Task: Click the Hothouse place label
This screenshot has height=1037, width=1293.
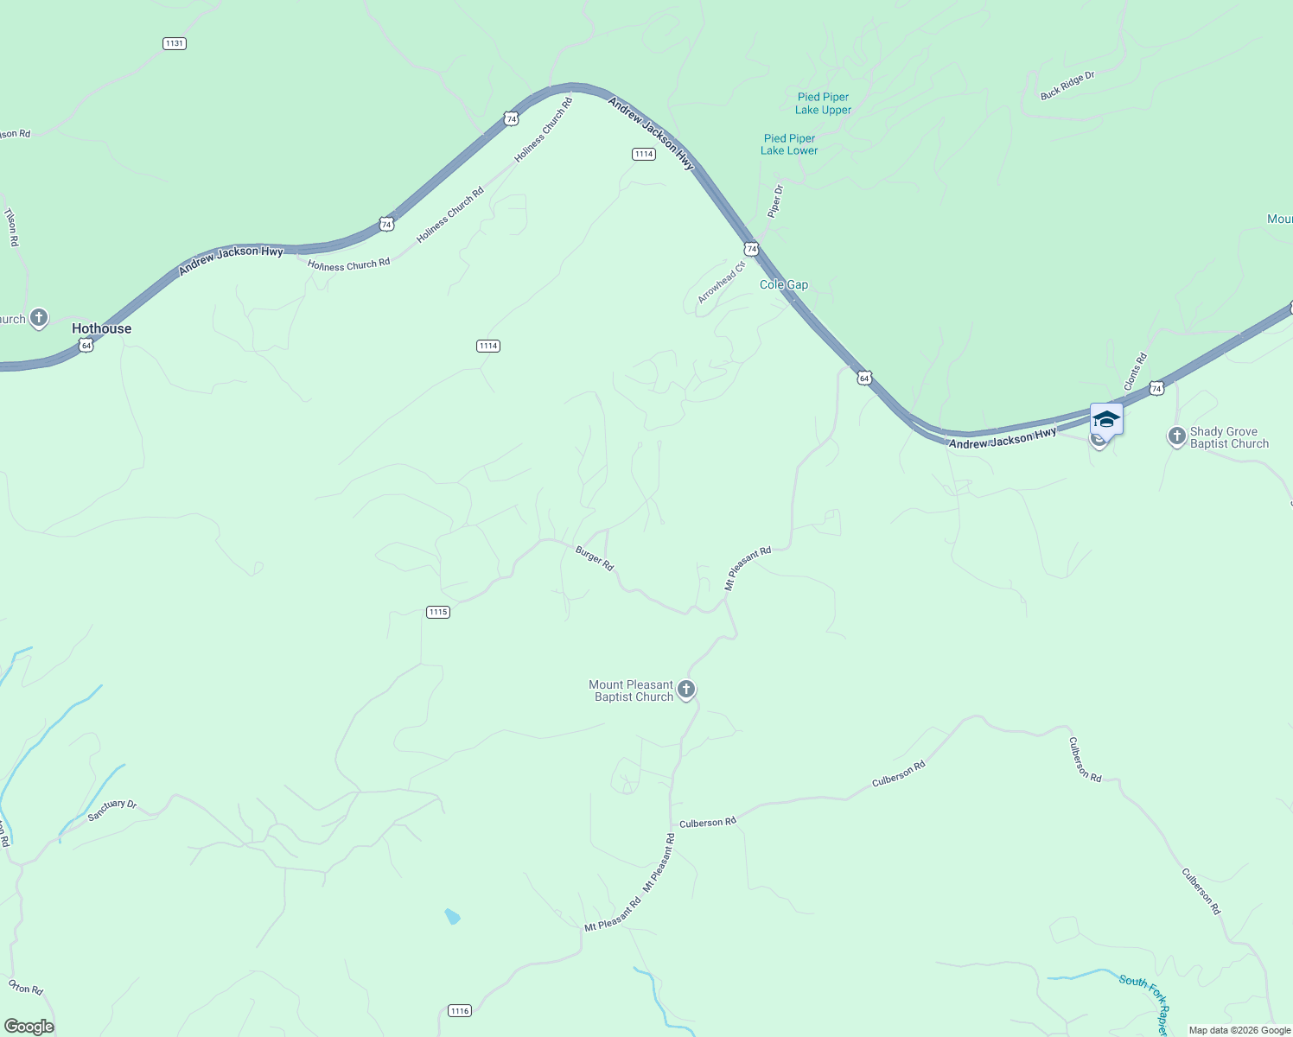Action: click(101, 328)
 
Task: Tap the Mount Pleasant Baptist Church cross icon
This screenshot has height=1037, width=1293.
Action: click(686, 690)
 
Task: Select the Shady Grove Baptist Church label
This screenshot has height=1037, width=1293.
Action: click(1229, 437)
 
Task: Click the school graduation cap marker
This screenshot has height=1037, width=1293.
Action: click(1106, 420)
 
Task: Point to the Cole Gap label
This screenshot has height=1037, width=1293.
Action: click(784, 284)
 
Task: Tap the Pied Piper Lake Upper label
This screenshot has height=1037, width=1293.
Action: click(823, 104)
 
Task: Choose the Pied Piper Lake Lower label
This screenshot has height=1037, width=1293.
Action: click(789, 144)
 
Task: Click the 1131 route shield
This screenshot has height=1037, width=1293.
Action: click(175, 43)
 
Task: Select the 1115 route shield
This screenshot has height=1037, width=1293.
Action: click(438, 612)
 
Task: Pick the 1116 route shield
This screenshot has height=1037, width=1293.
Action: click(460, 1011)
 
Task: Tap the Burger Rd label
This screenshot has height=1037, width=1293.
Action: click(595, 558)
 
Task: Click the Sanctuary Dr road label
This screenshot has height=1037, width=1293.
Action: click(112, 811)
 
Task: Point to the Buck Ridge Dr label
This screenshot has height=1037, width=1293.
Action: click(1067, 86)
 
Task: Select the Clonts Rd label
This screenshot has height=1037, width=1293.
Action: click(1135, 371)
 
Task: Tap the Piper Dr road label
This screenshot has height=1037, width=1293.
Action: click(775, 200)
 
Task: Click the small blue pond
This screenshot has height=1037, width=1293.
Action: click(452, 916)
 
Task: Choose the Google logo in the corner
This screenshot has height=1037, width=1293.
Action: click(29, 1027)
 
